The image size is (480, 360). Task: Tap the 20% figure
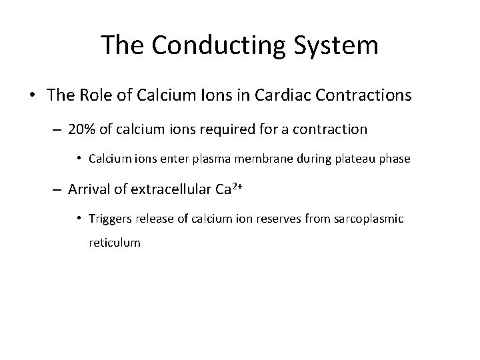click(x=81, y=129)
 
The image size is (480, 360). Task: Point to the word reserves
click(x=285, y=219)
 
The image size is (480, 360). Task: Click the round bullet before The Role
click(x=33, y=96)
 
